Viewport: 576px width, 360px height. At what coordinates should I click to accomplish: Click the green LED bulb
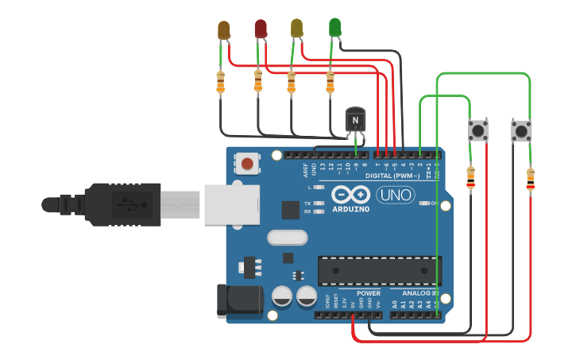(334, 27)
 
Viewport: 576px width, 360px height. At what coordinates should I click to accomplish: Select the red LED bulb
(261, 29)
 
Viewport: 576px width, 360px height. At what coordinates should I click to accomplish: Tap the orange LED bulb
(224, 30)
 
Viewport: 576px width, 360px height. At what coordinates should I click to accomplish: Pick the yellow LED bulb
(297, 28)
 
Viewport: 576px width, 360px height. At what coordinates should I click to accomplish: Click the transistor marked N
(355, 120)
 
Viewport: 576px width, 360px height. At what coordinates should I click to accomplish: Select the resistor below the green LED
(331, 81)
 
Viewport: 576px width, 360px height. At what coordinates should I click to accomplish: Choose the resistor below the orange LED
(220, 81)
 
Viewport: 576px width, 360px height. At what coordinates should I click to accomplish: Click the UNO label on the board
(395, 195)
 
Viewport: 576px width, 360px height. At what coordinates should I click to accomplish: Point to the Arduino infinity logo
(350, 195)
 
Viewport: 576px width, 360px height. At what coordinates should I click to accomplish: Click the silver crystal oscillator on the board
(286, 237)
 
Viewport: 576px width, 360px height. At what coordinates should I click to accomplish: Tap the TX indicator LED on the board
(319, 203)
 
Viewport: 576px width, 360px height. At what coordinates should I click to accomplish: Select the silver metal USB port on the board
(230, 204)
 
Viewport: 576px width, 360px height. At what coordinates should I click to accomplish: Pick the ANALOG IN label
(415, 293)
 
